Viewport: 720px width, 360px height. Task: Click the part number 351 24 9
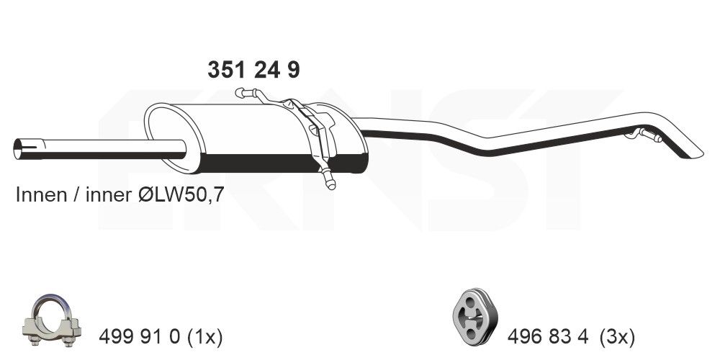point(253,70)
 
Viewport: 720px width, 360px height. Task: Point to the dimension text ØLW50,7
point(180,195)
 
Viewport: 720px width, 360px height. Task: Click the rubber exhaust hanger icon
point(473,317)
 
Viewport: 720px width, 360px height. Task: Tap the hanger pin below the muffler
point(329,179)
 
